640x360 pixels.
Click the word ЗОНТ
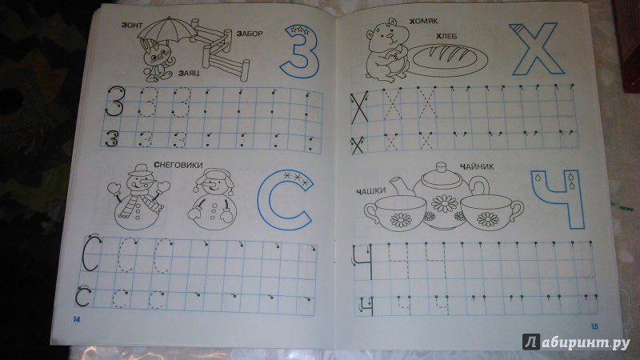132,26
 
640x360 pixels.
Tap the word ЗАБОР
250,34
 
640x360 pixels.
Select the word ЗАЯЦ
189,74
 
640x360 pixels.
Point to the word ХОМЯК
423,21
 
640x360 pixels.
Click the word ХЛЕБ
446,36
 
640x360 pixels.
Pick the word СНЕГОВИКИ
178,165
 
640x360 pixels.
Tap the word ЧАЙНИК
477,166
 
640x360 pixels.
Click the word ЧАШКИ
370,191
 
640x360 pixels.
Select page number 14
77,319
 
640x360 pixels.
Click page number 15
594,326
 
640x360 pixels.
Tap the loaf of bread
448,59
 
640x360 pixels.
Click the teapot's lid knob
442,166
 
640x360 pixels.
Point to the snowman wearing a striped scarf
138,197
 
